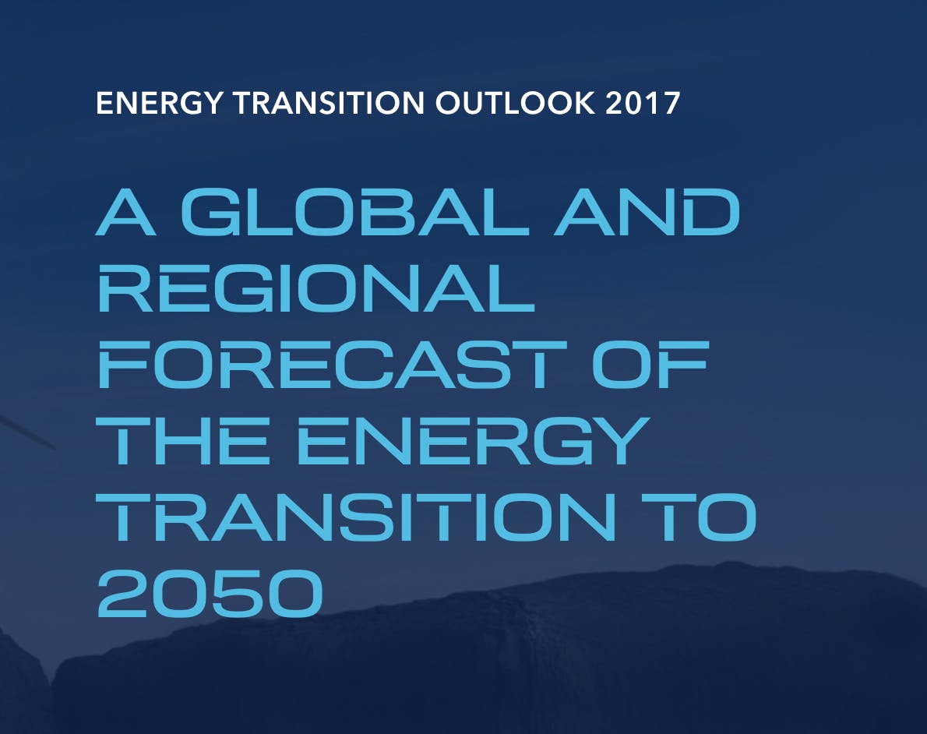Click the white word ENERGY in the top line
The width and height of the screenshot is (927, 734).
coord(158,103)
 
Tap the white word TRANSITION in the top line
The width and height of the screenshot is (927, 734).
coord(329,103)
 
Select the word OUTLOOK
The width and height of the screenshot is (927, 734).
coord(516,103)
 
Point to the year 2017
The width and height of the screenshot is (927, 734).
coord(643,103)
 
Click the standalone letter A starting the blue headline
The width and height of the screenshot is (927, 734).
coord(126,213)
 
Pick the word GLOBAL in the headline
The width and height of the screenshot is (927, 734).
coord(354,213)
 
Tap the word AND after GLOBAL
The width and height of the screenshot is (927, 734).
coord(647,213)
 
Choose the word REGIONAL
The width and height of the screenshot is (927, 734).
coord(315,288)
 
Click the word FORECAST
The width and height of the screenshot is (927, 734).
coord(333,365)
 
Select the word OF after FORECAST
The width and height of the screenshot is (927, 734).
coord(650,365)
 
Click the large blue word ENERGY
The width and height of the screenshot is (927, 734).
coord(472,440)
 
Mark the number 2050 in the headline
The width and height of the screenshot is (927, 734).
coord(210,593)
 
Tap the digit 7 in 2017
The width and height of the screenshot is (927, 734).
coord(671,103)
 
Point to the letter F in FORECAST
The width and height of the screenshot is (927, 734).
coord(122,365)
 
